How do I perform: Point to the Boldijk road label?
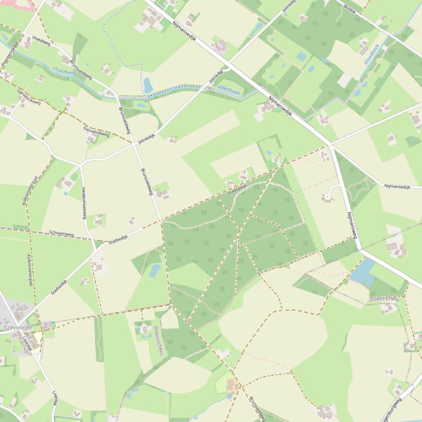click(x=350, y=9)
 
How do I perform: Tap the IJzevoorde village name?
click(x=18, y=327)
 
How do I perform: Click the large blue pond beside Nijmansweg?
click(x=363, y=272)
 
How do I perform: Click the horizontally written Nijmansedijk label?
click(x=397, y=187)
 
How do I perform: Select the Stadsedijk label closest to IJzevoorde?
click(x=59, y=287)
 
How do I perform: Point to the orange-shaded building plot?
click(x=233, y=386)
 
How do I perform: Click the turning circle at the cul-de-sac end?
click(x=329, y=195)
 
